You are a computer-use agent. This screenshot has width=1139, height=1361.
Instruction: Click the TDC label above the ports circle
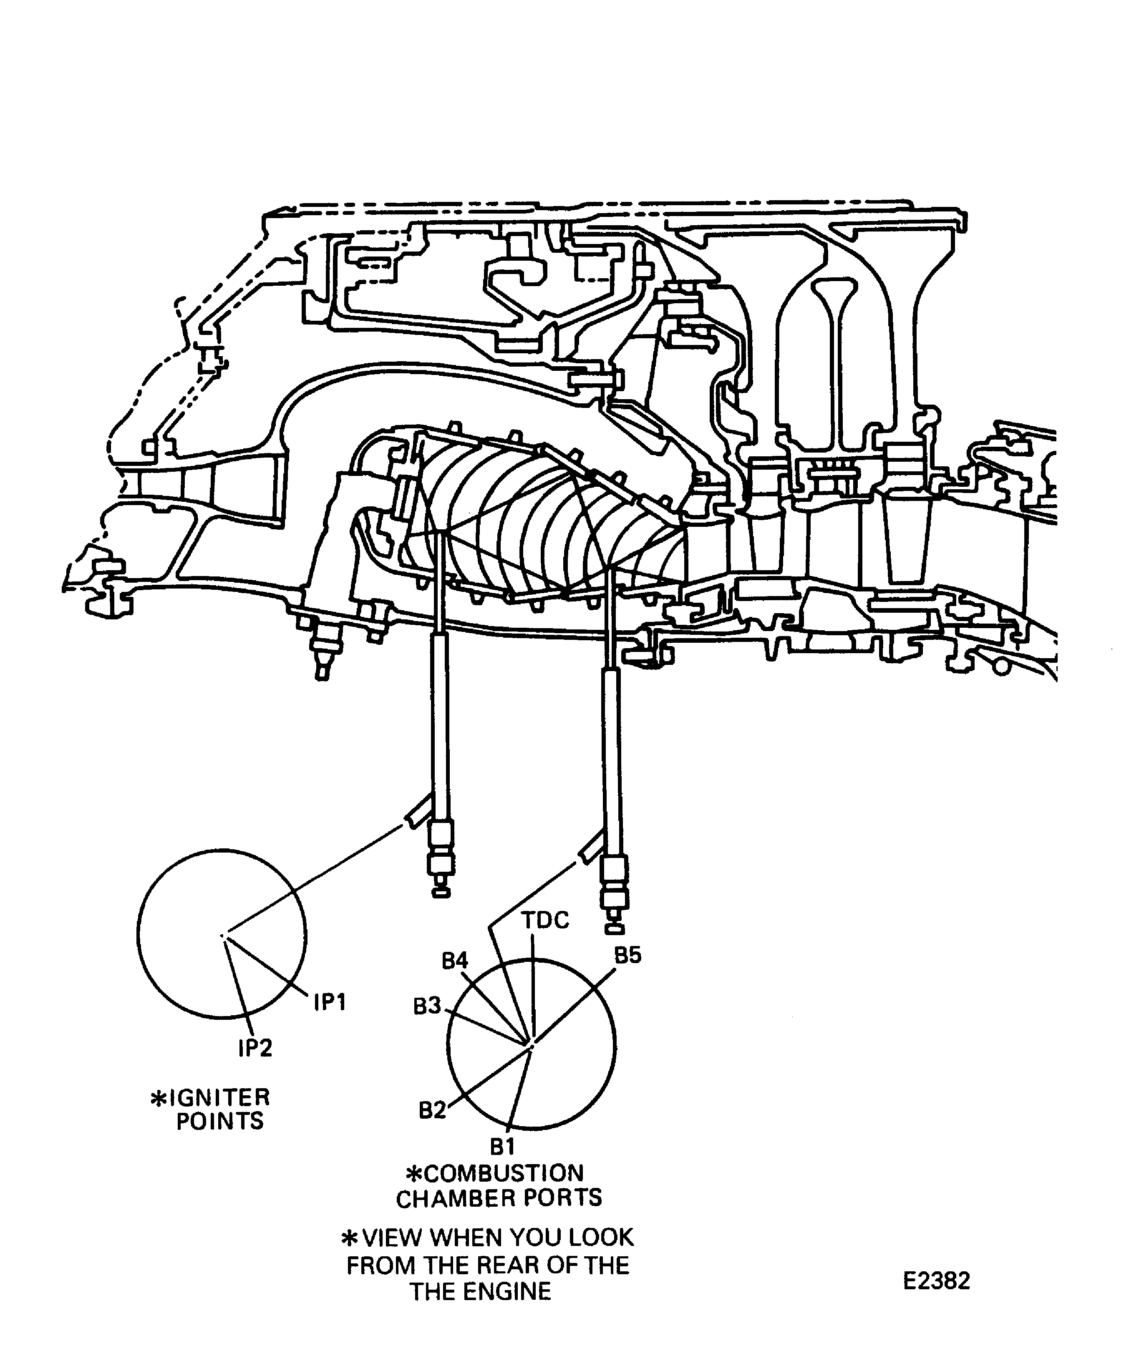pos(545,920)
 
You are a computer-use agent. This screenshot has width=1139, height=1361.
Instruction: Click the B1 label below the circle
pos(502,1147)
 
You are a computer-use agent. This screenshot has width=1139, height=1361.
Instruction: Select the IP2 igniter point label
pos(255,1049)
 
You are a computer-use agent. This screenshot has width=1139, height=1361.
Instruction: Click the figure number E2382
pos(937,1282)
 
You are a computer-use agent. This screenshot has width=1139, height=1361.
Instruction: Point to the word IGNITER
pos(219,1098)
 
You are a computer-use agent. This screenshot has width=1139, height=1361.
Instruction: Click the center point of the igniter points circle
pos(222,935)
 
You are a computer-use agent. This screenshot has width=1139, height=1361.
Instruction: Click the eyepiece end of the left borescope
pos(441,893)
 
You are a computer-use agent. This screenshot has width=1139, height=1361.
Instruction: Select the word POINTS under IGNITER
pos(220,1121)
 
